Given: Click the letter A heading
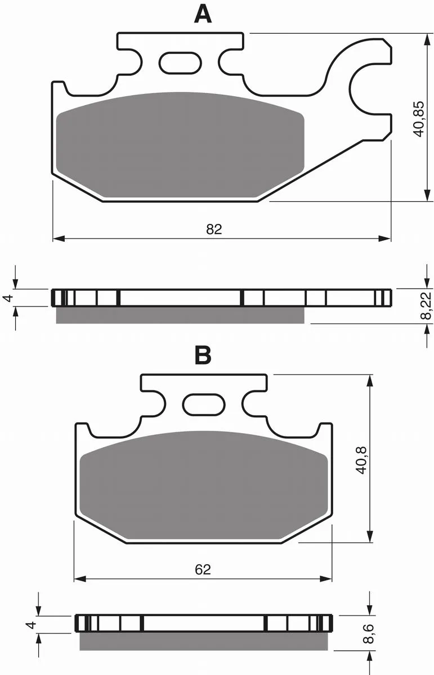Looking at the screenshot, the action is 203,15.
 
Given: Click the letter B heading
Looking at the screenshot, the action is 203,355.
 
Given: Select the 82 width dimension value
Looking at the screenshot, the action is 214,229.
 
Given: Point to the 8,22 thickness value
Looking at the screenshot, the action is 427,305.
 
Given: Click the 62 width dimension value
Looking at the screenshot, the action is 203,569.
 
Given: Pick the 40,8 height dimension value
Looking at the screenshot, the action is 361,460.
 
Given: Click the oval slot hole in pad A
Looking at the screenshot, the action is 180,62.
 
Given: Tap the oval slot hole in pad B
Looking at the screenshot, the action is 204,404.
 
